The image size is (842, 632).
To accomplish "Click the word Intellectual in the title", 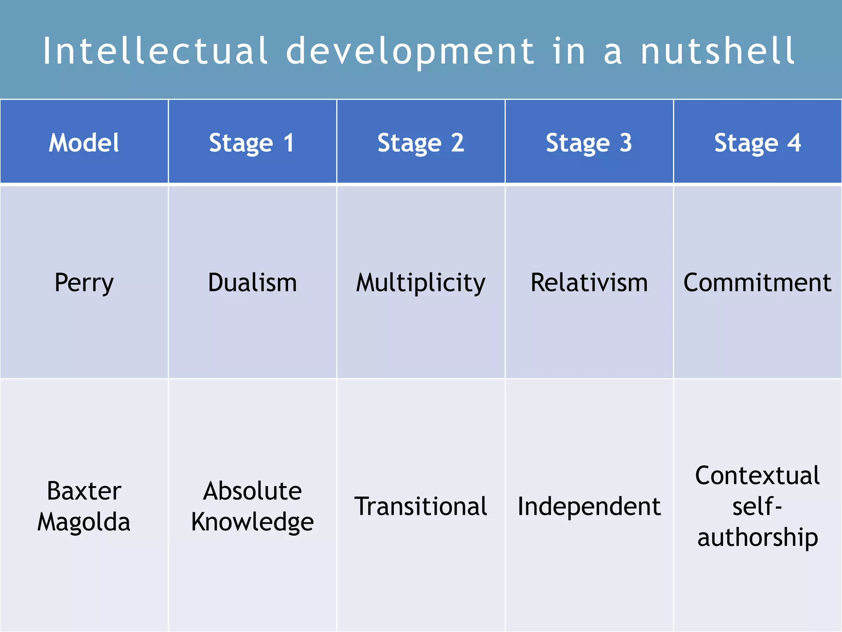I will pyautogui.click(x=155, y=51).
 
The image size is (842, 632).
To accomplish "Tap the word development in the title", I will pyautogui.click(x=410, y=52).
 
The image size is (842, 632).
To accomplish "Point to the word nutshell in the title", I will pyautogui.click(x=717, y=51).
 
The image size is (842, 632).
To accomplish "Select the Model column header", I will pyautogui.click(x=84, y=143).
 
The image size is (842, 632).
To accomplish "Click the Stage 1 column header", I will pyautogui.click(x=252, y=143).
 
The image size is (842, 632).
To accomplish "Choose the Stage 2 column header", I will pyautogui.click(x=421, y=143).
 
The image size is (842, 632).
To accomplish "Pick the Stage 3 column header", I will pyautogui.click(x=589, y=143).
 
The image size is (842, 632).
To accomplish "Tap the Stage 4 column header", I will pyautogui.click(x=757, y=143).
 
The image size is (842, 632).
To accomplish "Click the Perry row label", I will pyautogui.click(x=84, y=283).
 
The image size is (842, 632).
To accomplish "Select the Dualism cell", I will pyautogui.click(x=252, y=283).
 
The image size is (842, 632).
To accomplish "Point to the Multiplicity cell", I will pyautogui.click(x=421, y=283).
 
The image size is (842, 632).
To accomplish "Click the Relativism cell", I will pyautogui.click(x=589, y=283).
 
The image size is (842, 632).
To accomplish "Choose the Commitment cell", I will pyautogui.click(x=757, y=283).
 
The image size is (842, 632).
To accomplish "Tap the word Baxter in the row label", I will pyautogui.click(x=84, y=491).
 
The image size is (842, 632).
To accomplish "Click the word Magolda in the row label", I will pyautogui.click(x=84, y=522).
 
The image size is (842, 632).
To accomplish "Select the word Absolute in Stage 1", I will pyautogui.click(x=252, y=491).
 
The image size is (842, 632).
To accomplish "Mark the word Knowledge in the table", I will pyautogui.click(x=252, y=522).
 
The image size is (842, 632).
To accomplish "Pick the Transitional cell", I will pyautogui.click(x=421, y=506).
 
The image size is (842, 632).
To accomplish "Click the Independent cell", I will pyautogui.click(x=589, y=506).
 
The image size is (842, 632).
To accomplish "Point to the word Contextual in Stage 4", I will pyautogui.click(x=757, y=476).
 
